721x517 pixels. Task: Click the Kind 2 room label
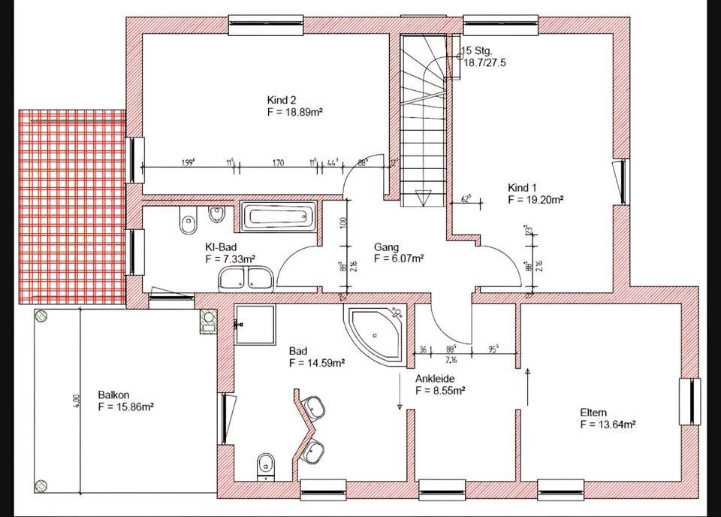(x=282, y=100)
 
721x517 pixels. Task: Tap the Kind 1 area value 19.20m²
(x=535, y=201)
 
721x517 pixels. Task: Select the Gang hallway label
(x=386, y=247)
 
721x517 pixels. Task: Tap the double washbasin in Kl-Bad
(x=247, y=280)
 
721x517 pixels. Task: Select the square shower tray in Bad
(x=255, y=324)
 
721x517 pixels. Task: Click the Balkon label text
(x=113, y=395)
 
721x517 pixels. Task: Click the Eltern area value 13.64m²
(x=608, y=425)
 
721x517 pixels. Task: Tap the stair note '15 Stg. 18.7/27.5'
(x=483, y=57)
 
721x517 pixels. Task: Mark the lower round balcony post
(x=41, y=485)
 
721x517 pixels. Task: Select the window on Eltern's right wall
(x=689, y=401)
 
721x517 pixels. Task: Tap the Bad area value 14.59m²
(x=316, y=363)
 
